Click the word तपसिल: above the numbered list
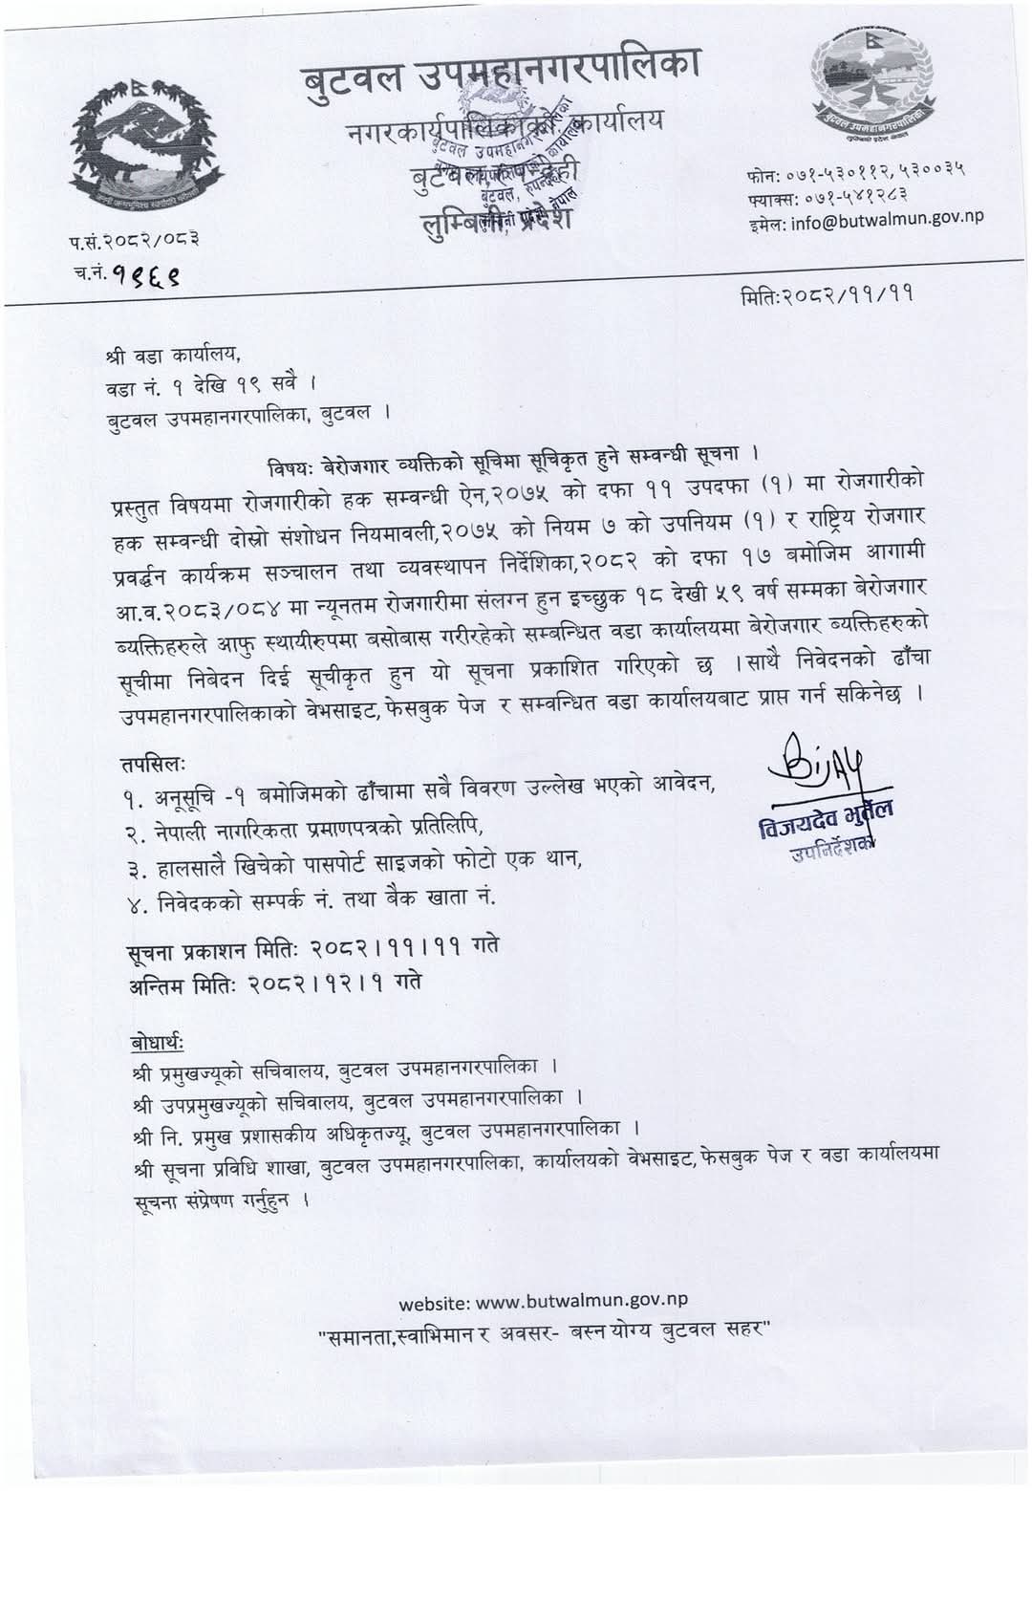(154, 764)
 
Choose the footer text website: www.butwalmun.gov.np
(543, 1301)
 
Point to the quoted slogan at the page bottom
(544, 1331)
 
